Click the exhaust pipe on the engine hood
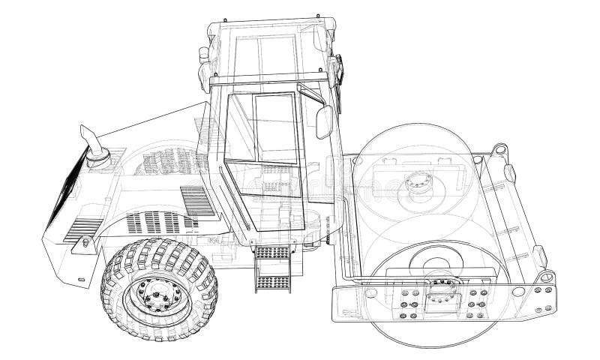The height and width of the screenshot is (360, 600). [x=94, y=146]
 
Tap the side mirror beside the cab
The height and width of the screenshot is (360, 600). [x=324, y=122]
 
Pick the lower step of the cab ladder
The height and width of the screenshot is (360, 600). [x=272, y=283]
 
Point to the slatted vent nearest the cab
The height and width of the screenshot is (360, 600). [x=197, y=201]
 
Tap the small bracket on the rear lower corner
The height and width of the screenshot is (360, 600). [x=85, y=241]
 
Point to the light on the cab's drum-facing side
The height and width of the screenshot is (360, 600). [x=337, y=71]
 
